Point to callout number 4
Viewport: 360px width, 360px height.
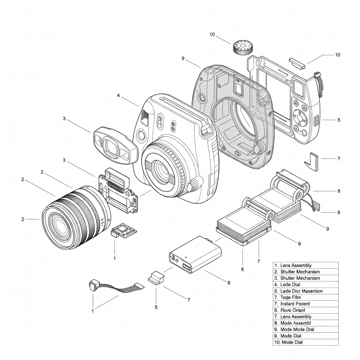coord(118,95)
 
